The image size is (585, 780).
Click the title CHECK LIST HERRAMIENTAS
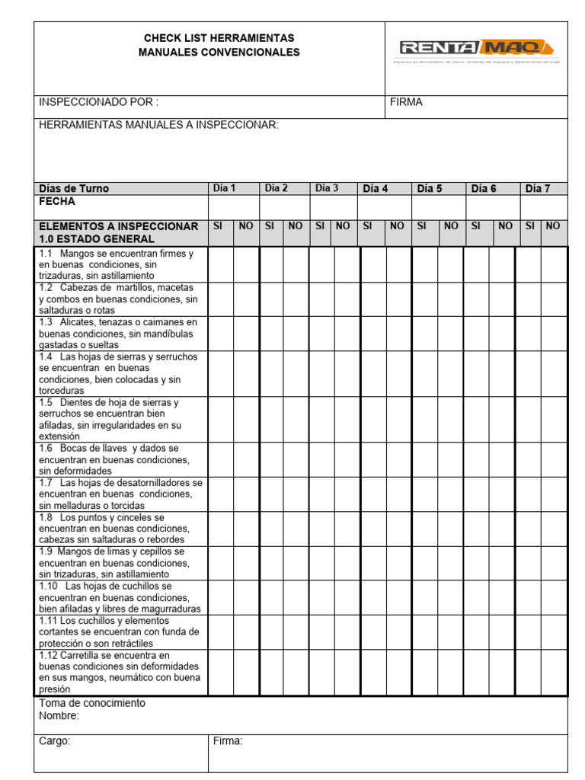click(219, 38)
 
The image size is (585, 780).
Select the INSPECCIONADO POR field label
click(99, 102)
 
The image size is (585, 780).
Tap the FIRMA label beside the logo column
click(406, 102)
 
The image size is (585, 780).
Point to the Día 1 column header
click(225, 188)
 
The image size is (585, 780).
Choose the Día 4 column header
click(376, 188)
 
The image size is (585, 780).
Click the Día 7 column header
click(538, 188)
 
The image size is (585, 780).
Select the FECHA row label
click(57, 203)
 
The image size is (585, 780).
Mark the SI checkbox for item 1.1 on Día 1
click(221, 264)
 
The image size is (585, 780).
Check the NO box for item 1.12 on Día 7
click(554, 673)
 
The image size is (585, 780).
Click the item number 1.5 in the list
click(45, 402)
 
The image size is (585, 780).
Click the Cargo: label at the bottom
click(55, 740)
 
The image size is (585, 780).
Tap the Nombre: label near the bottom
click(59, 715)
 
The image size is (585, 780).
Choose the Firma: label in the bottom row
click(228, 740)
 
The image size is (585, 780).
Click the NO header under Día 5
click(451, 226)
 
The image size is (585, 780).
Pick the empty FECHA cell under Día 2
click(284, 207)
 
